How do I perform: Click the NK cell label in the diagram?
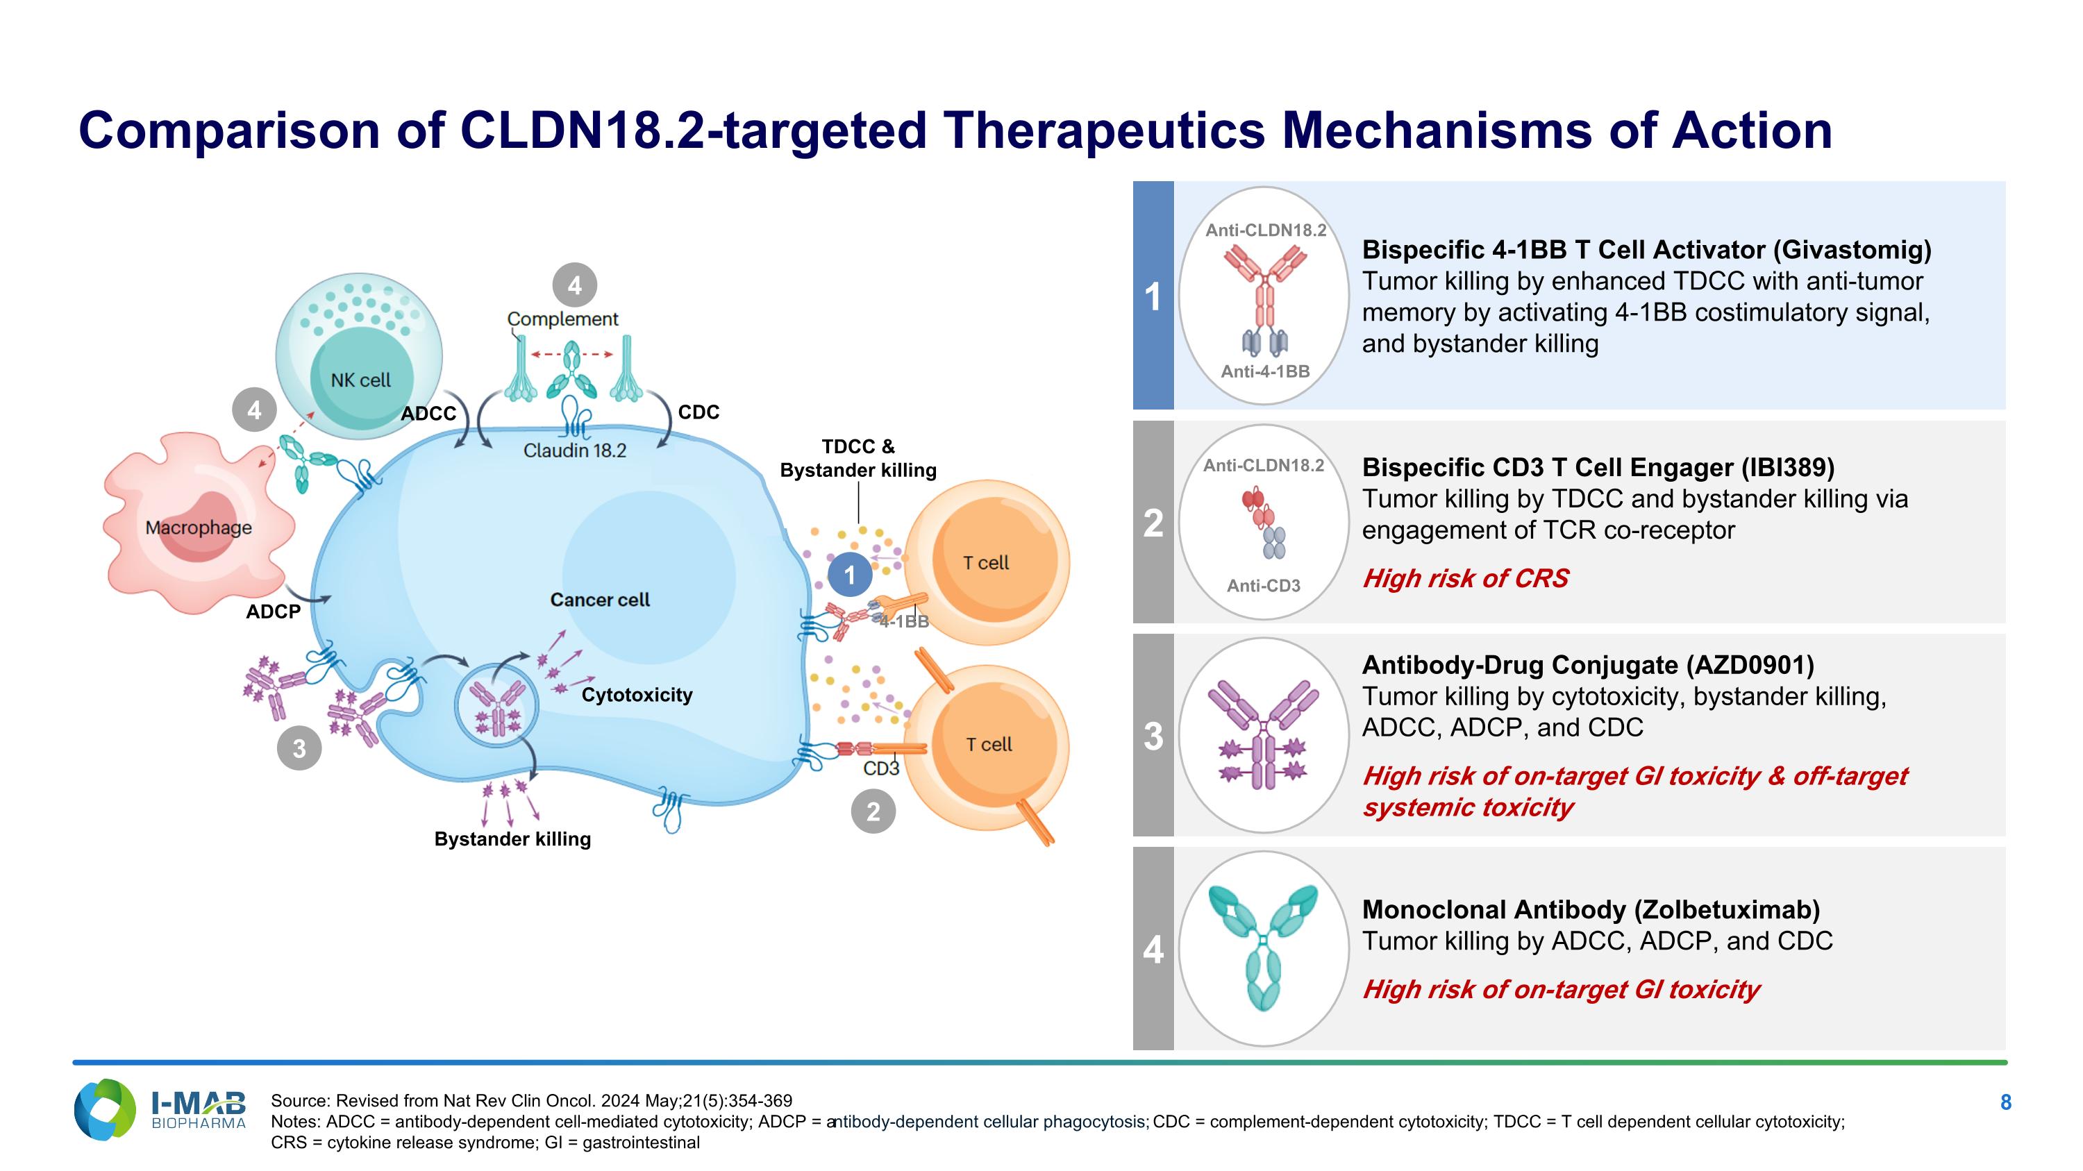[x=360, y=380]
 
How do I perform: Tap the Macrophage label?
[x=199, y=528]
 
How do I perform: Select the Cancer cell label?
[x=600, y=600]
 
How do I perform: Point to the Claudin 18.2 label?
[x=575, y=450]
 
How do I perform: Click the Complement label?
[x=563, y=319]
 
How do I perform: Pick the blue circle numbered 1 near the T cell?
[x=849, y=575]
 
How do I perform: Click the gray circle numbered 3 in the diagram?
[x=299, y=748]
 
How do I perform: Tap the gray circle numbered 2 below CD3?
[x=873, y=811]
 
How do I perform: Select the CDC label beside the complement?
[x=698, y=412]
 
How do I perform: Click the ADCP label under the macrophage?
[x=274, y=612]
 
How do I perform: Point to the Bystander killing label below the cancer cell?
[x=512, y=839]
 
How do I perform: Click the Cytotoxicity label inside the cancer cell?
[x=637, y=695]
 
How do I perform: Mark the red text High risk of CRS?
[x=1465, y=578]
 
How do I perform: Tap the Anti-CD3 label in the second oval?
[x=1264, y=585]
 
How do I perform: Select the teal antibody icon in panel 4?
[x=1263, y=948]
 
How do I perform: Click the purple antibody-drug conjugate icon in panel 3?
[x=1263, y=734]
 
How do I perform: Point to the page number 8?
[x=2005, y=1102]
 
